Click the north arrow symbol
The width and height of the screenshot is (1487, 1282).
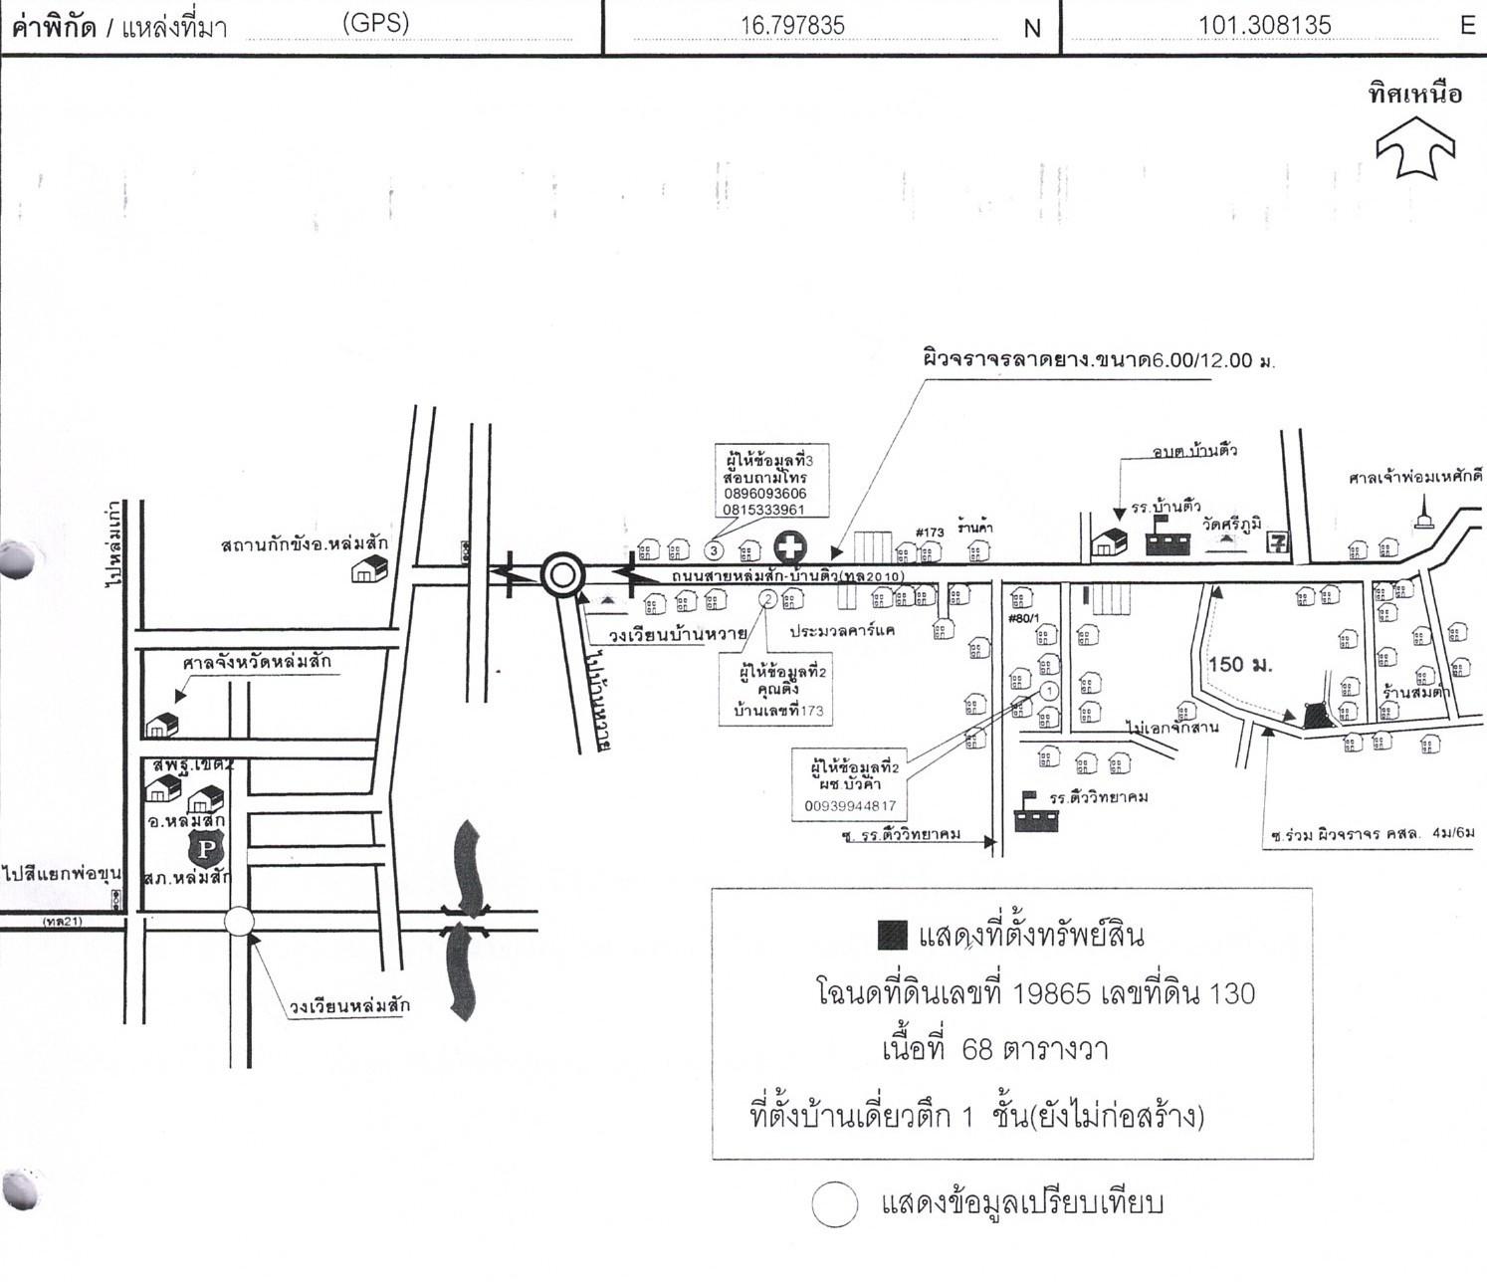tap(1414, 147)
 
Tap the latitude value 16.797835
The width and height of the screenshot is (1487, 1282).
tap(792, 26)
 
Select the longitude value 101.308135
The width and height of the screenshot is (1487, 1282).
tap(1264, 26)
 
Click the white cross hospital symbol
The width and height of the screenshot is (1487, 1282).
tap(790, 547)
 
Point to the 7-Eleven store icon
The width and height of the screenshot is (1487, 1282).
tap(1277, 542)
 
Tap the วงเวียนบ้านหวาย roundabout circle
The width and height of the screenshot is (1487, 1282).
tap(561, 574)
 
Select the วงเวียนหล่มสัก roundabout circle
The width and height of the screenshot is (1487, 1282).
tap(239, 922)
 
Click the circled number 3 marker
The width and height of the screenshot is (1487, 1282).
tap(713, 549)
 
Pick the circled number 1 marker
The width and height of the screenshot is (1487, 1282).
tap(1048, 690)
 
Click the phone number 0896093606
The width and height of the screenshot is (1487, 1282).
tap(764, 494)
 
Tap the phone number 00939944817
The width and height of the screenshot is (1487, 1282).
tap(850, 806)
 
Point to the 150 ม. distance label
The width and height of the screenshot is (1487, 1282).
tap(1240, 665)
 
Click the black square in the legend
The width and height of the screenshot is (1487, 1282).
tap(893, 935)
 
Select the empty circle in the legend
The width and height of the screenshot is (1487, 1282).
tap(834, 1204)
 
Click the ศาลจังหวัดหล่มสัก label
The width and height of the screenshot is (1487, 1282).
tap(257, 662)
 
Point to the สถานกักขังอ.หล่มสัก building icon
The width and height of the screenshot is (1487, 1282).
tap(369, 568)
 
